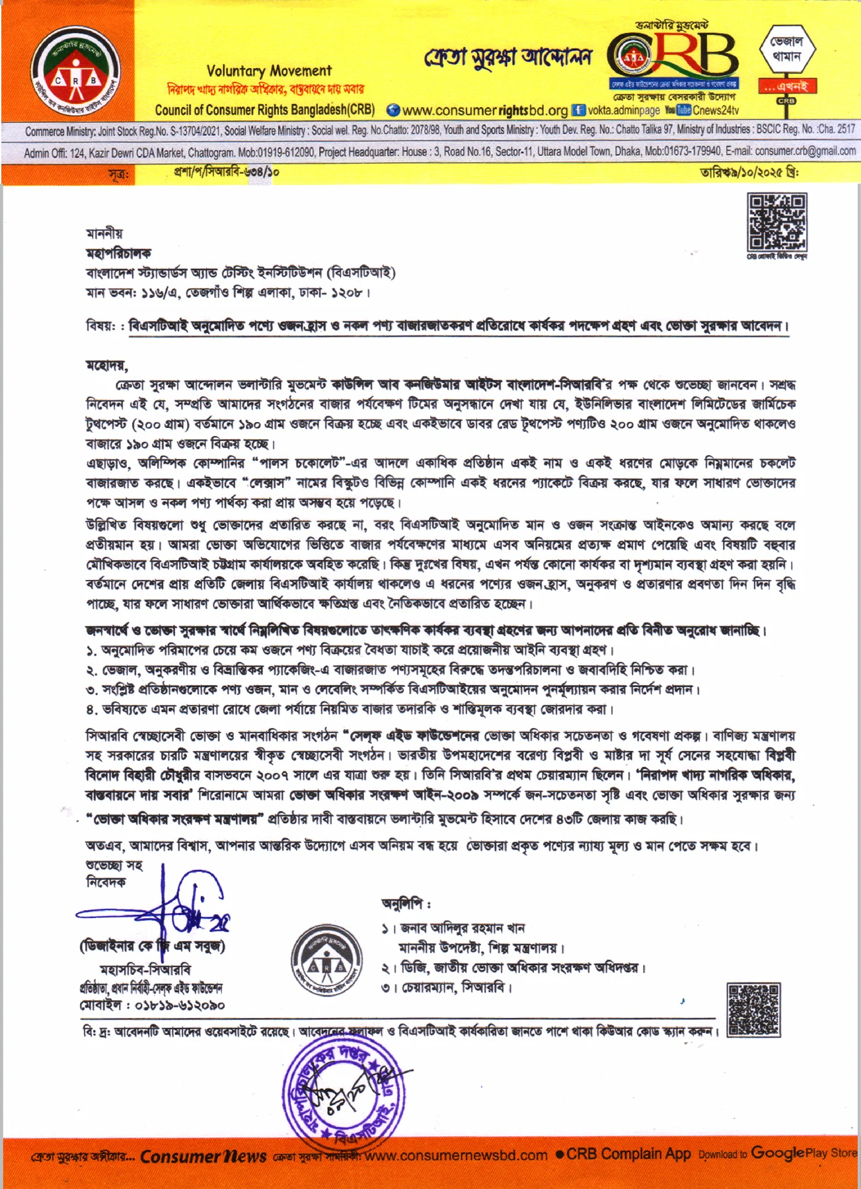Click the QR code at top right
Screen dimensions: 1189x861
(776, 222)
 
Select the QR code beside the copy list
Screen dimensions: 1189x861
(753, 1009)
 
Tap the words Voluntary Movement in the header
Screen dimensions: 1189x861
(269, 71)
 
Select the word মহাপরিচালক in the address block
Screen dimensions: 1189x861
(118, 253)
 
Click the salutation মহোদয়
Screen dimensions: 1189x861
(106, 365)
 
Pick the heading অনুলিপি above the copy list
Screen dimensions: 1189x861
(406, 903)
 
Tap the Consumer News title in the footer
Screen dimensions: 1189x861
(203, 1156)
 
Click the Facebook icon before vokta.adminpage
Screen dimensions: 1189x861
(578, 110)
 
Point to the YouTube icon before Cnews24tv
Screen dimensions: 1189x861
(678, 110)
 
